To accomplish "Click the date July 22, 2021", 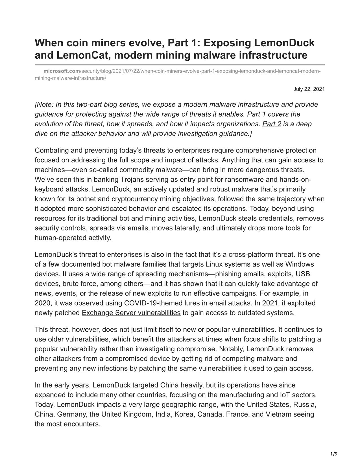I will [x=309, y=89].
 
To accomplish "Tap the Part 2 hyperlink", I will [x=272, y=124].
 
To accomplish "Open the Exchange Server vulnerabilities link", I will [x=131, y=313].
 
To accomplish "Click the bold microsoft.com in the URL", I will [x=62, y=71].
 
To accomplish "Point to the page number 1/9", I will [x=334, y=454].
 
